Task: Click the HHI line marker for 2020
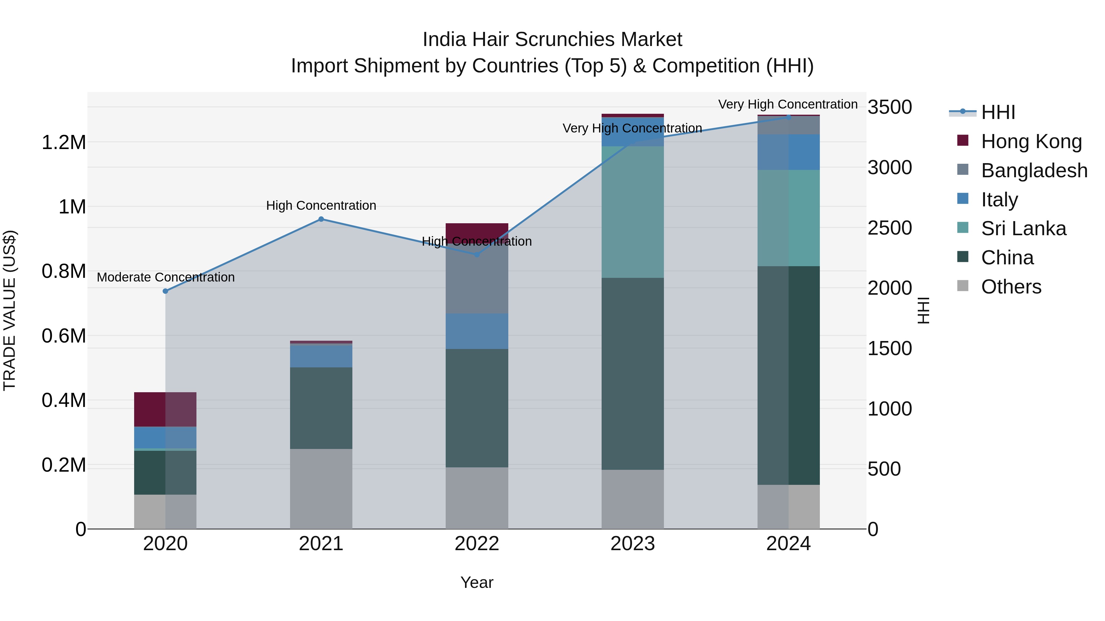click(165, 291)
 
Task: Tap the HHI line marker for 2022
click(477, 254)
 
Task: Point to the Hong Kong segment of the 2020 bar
click(165, 409)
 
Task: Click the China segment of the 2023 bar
click(632, 374)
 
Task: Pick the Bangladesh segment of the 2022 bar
click(477, 278)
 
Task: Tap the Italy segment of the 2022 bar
click(477, 331)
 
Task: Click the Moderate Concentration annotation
click(165, 277)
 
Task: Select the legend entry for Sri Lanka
click(1023, 228)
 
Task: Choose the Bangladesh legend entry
click(1034, 170)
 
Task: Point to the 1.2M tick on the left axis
click(64, 142)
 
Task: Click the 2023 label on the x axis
click(632, 544)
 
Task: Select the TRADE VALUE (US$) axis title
click(10, 310)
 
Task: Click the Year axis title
click(477, 582)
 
